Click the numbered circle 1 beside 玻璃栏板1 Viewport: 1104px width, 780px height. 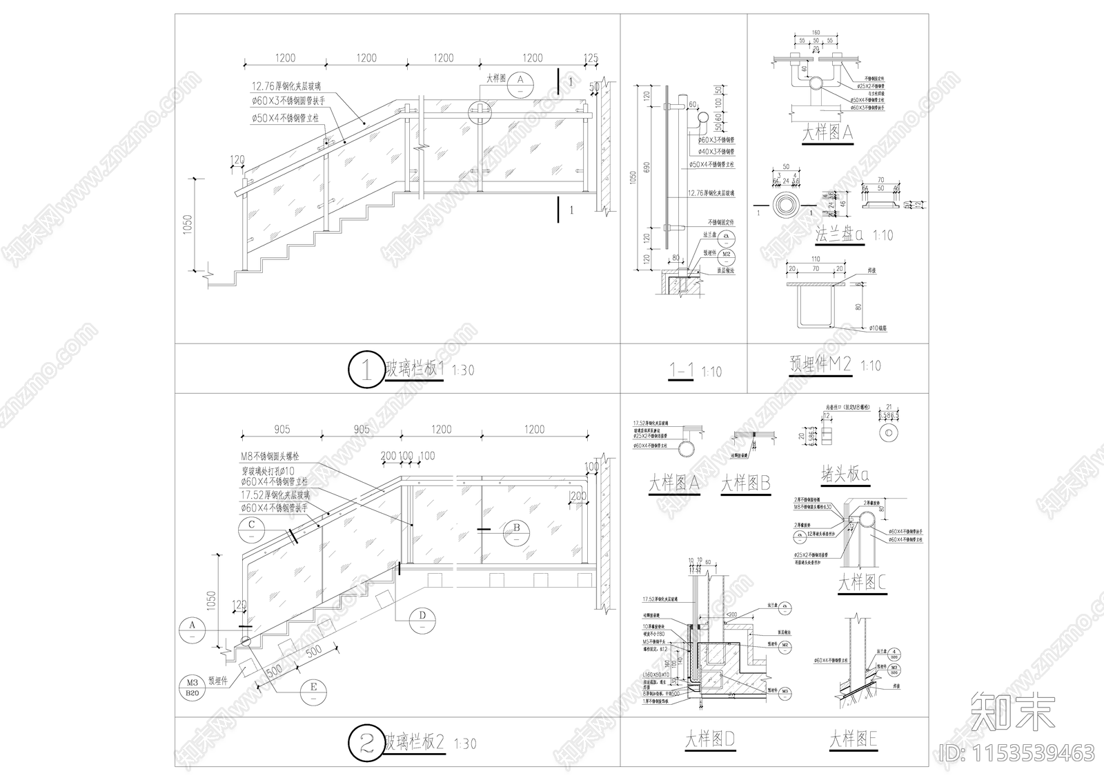click(366, 370)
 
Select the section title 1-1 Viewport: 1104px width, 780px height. click(682, 371)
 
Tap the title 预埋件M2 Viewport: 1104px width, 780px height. click(820, 364)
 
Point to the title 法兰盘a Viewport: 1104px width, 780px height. click(839, 234)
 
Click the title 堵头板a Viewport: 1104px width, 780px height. click(845, 474)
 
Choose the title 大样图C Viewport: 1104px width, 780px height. click(862, 583)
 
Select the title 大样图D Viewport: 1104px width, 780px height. click(709, 740)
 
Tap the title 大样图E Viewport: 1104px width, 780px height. click(853, 740)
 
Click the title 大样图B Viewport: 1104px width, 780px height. click(745, 483)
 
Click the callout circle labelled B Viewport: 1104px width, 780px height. click(516, 530)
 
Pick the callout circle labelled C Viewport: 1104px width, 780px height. click(252, 527)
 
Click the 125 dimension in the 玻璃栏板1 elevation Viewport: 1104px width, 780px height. click(591, 58)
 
